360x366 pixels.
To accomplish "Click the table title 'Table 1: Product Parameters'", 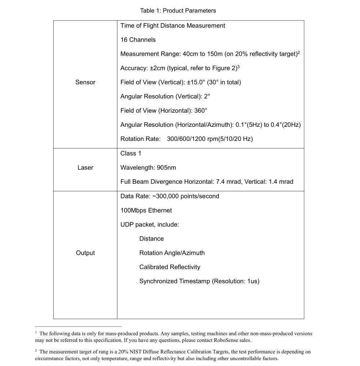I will [178, 10].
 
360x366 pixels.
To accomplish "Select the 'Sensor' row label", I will [85, 82].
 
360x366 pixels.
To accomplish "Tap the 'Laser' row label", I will [85, 168].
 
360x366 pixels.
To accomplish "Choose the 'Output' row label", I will [85, 253].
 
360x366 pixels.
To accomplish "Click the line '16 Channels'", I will [138, 40].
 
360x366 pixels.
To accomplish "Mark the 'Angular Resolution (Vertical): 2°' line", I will [165, 97].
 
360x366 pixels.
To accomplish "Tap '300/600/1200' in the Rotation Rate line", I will [185, 139].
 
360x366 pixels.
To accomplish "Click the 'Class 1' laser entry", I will [131, 153].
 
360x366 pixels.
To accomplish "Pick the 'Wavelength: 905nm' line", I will [148, 168].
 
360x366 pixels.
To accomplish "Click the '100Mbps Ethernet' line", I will [146, 210].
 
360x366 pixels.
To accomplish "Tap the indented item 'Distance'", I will [151, 239].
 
